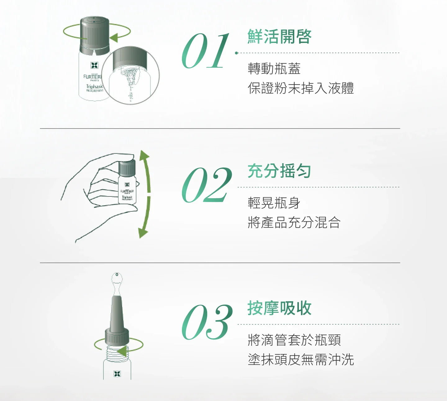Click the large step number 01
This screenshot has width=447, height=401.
click(x=205, y=51)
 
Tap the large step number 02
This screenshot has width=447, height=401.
click(x=207, y=185)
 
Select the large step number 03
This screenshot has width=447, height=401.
click(x=207, y=322)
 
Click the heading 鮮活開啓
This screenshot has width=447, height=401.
click(x=279, y=37)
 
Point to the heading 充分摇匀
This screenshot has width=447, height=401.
click(x=279, y=171)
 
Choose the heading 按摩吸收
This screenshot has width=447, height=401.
click(x=279, y=308)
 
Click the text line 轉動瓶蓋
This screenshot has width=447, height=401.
click(x=274, y=69)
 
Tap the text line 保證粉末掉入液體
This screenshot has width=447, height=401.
click(x=301, y=88)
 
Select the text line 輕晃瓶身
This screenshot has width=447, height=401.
click(x=274, y=203)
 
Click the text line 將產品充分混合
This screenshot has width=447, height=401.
click(x=294, y=223)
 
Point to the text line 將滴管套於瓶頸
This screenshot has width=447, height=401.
click(x=294, y=340)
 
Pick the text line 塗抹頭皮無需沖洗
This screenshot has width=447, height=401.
click(x=301, y=360)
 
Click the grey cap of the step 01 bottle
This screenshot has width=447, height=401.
click(x=95, y=34)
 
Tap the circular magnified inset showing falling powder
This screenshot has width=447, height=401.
click(x=130, y=76)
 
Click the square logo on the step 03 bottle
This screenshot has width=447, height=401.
click(x=117, y=374)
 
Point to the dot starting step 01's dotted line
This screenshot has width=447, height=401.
click(x=237, y=53)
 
